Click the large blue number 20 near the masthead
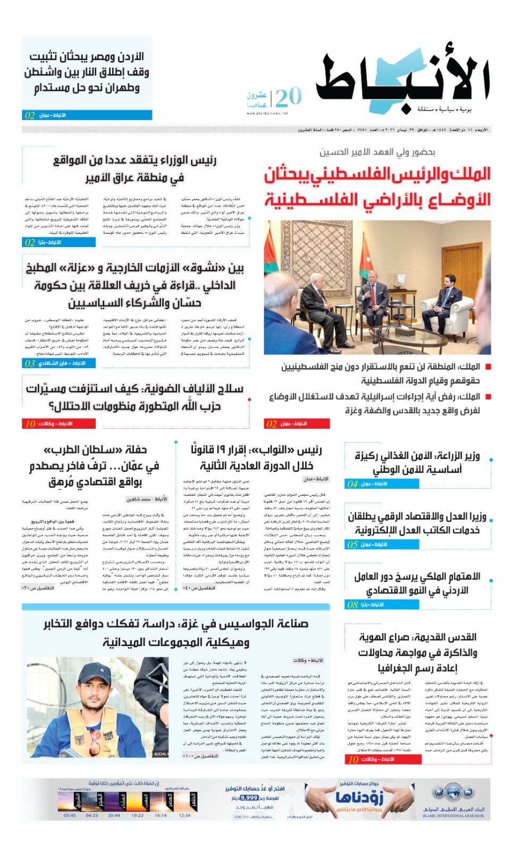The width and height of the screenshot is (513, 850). coord(289,97)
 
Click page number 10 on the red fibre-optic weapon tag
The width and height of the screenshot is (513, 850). coord(30,423)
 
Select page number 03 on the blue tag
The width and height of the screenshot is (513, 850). coord(30,363)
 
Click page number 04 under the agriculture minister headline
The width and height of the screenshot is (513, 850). coord(352,484)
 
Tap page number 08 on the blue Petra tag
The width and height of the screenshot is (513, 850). coord(352,605)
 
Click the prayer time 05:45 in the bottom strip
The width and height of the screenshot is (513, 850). coord(70,815)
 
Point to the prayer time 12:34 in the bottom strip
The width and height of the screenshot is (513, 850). coord(184,815)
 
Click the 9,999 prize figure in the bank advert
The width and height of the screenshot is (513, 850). coord(249,797)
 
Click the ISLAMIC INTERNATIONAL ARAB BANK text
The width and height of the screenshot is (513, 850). coord(453,815)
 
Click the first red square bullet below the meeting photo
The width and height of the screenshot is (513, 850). coord(488,367)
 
